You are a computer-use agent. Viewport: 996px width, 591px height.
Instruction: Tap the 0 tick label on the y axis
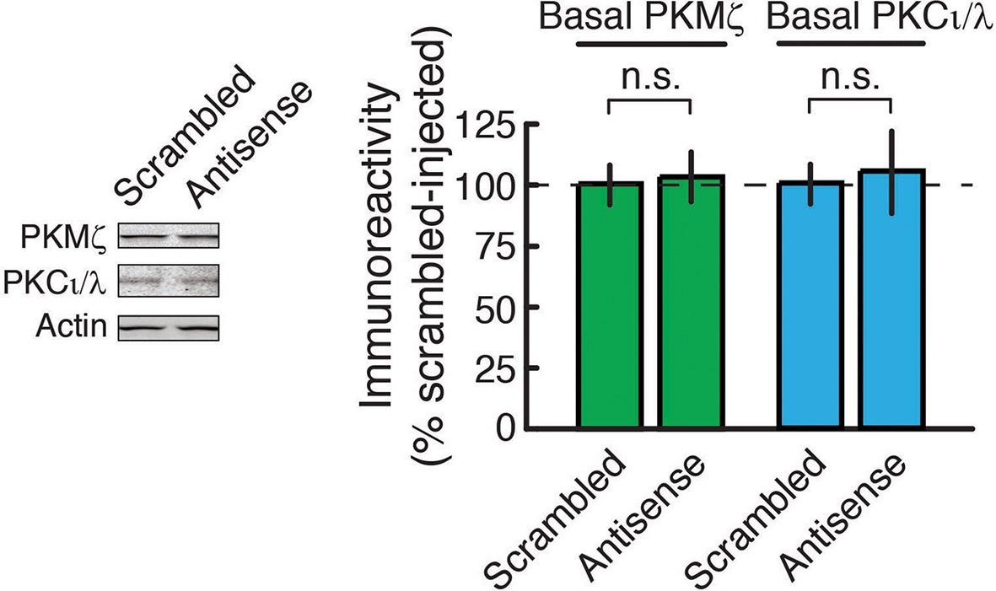tap(504, 427)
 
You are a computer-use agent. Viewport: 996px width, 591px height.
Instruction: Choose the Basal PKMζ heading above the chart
tap(653, 18)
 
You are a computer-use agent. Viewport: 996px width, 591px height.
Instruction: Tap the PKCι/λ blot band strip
tap(169, 281)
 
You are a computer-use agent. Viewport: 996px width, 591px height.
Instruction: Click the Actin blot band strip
tap(169, 325)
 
